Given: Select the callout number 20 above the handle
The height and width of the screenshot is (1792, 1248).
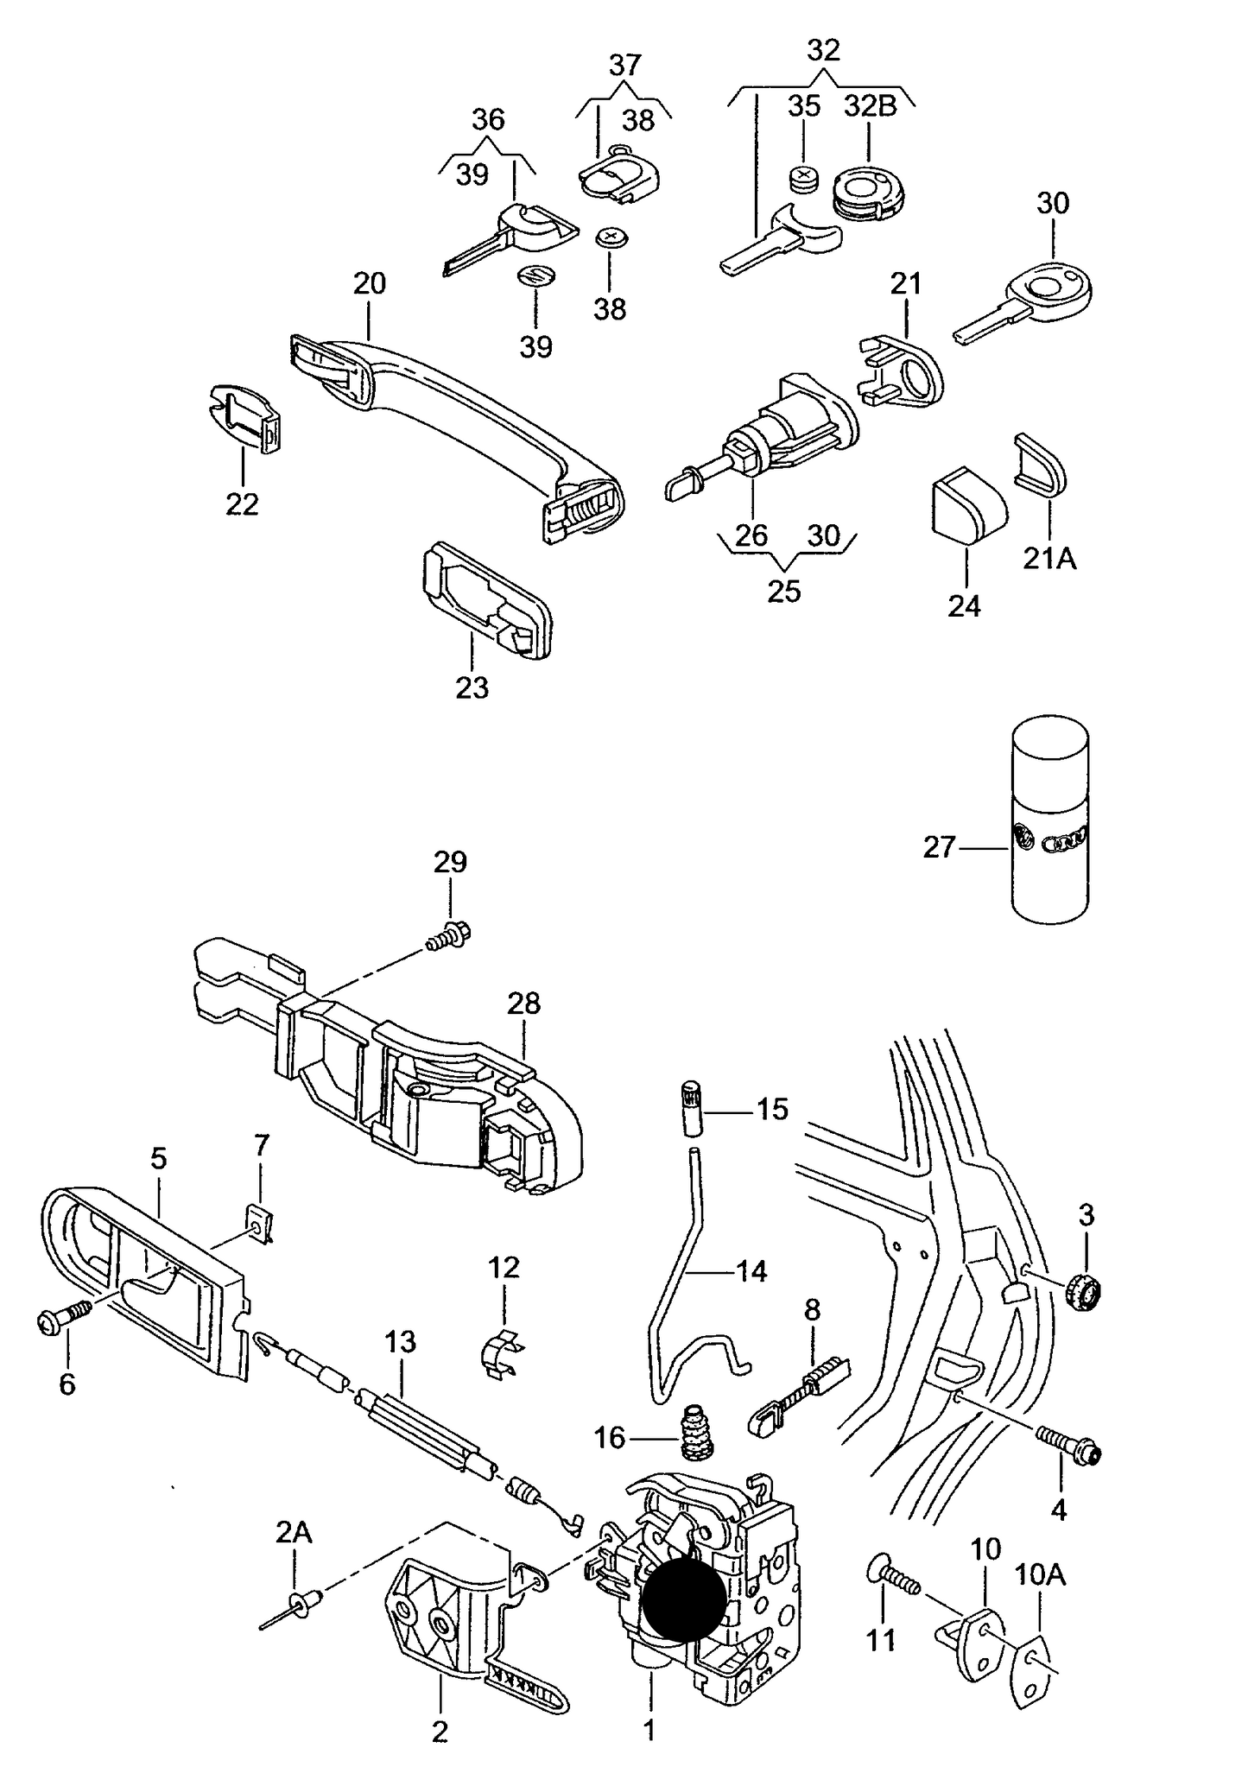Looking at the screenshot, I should [370, 283].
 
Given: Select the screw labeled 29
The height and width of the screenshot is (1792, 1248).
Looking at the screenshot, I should [448, 935].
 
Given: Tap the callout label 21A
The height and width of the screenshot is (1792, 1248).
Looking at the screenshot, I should [1049, 559].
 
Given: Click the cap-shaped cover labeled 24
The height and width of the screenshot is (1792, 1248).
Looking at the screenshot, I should [967, 502].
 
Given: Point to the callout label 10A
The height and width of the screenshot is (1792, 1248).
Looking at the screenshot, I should [1040, 1574].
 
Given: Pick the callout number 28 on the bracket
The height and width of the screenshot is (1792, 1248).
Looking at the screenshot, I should [523, 1003].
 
